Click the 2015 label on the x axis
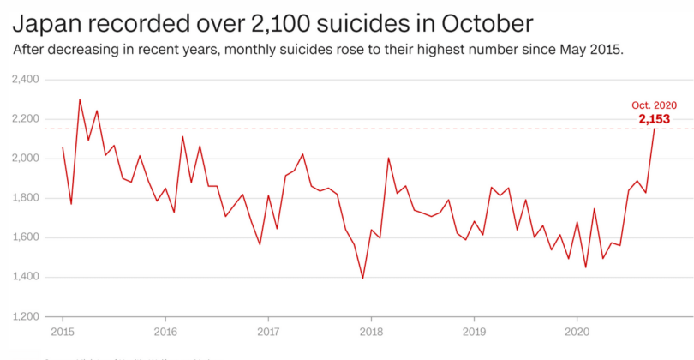tap(63, 330)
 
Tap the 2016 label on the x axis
tap(165, 330)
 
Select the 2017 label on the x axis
tap(268, 330)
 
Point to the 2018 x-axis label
tap(371, 330)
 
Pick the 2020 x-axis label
tap(577, 330)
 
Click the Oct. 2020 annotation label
tap(654, 105)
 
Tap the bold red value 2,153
tap(654, 118)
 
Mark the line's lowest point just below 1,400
tap(362, 278)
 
